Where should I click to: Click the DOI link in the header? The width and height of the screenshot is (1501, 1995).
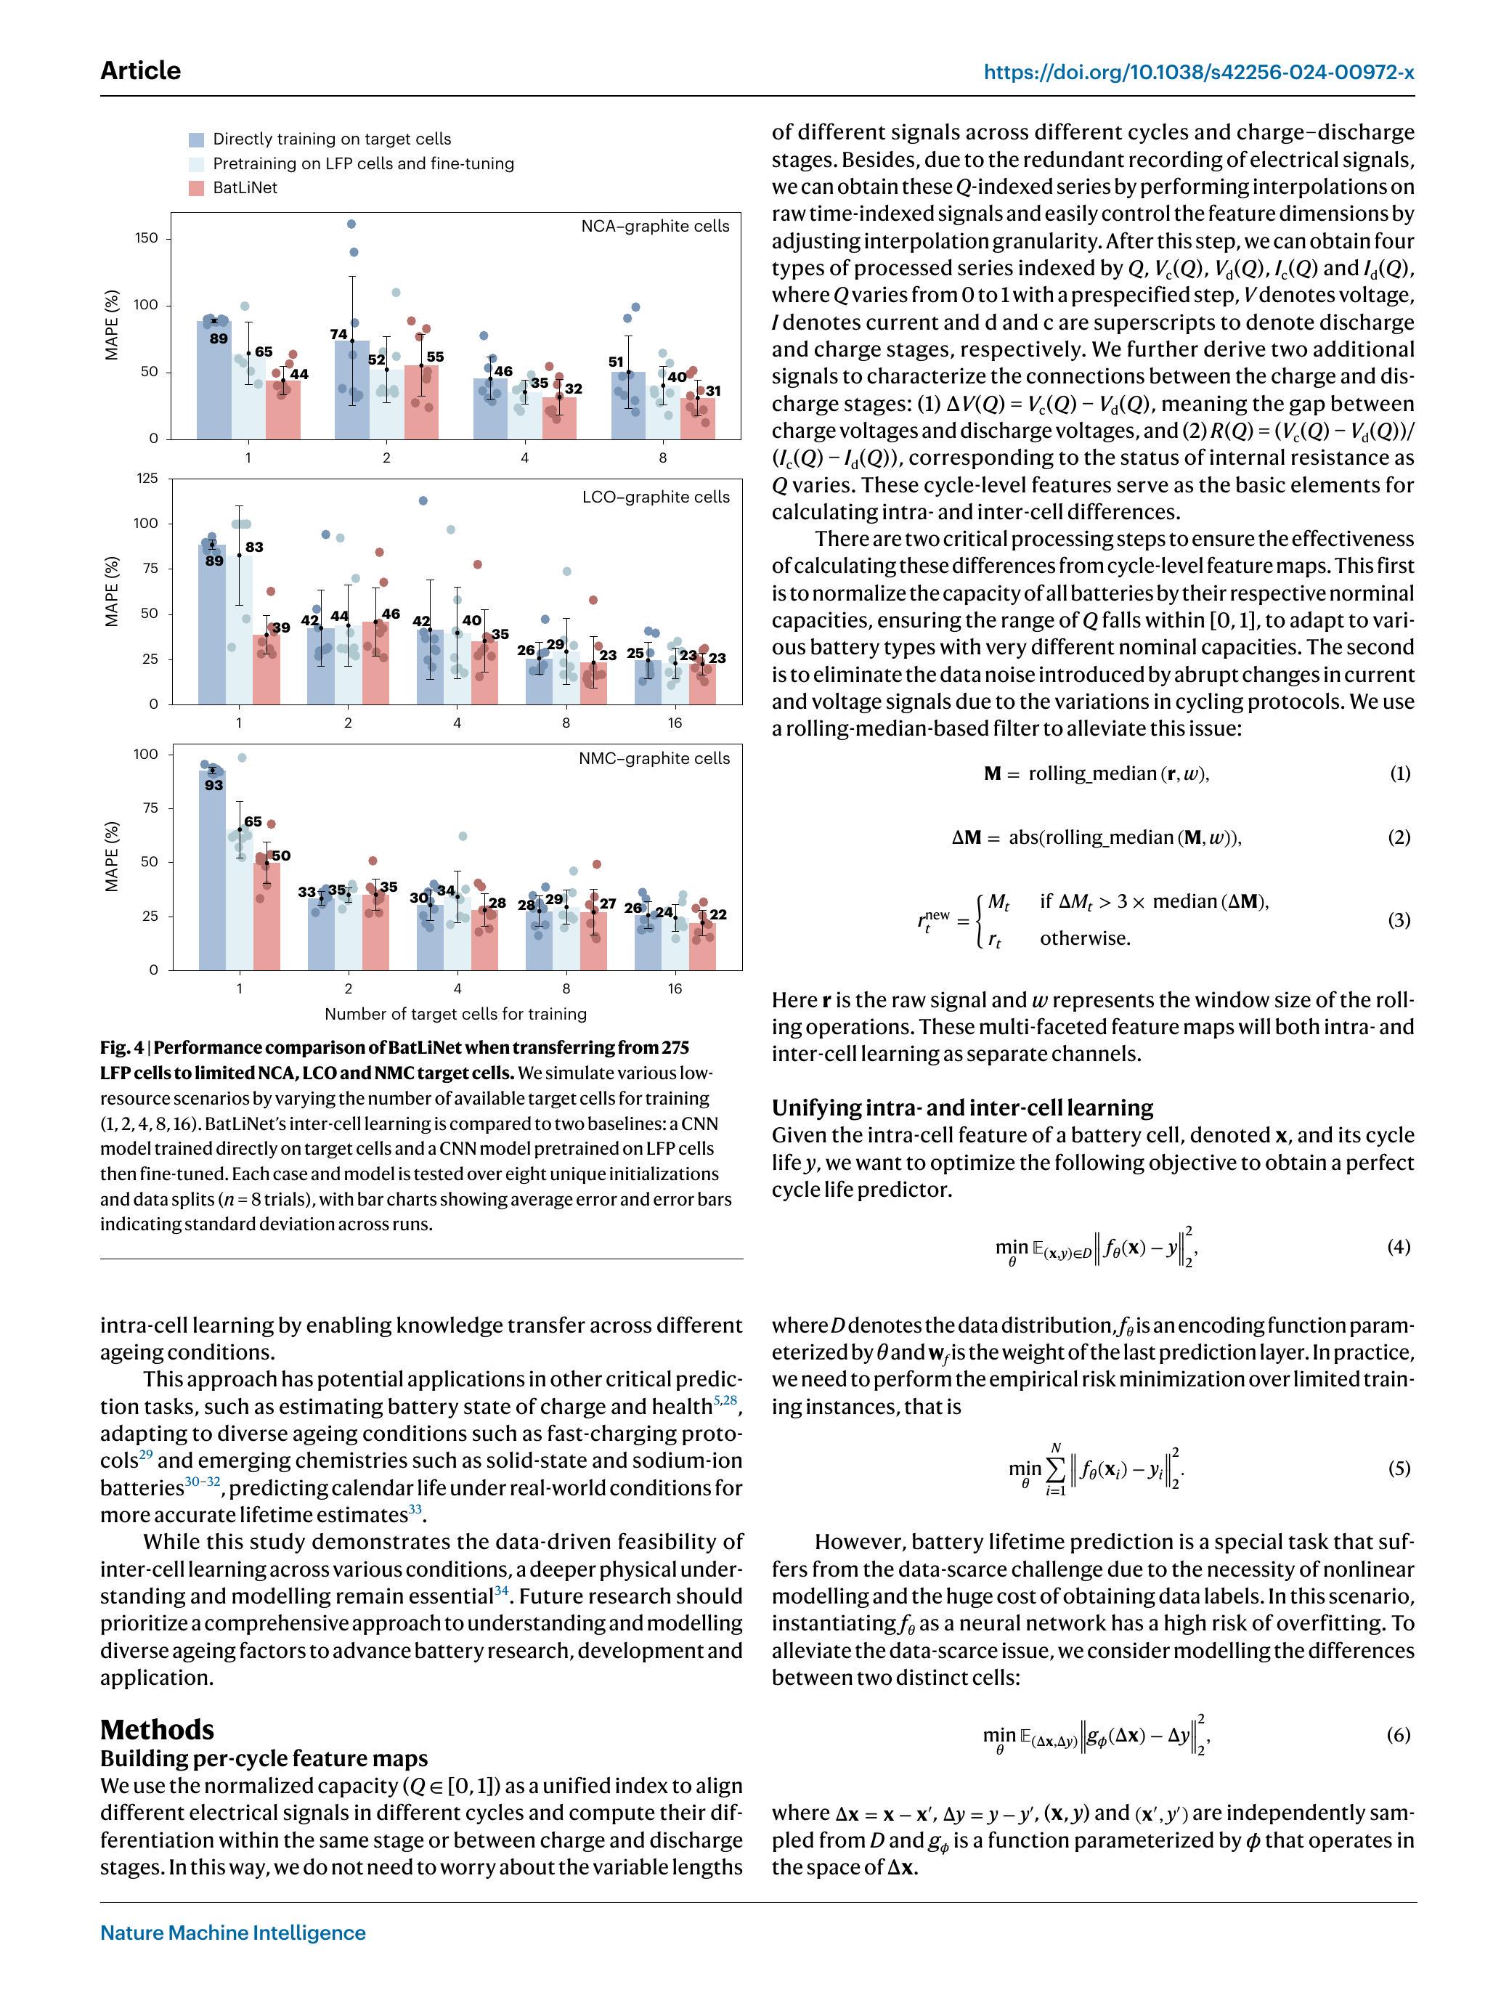[1198, 72]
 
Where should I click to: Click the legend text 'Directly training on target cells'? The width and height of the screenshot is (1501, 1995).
[331, 139]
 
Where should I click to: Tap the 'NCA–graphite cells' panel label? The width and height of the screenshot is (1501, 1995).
[655, 227]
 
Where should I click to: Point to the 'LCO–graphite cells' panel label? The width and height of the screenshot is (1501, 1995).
[656, 497]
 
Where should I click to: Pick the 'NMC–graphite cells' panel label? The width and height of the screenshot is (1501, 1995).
[654, 758]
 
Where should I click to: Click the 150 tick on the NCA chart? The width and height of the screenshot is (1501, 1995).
[146, 238]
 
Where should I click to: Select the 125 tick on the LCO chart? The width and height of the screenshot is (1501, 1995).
[146, 478]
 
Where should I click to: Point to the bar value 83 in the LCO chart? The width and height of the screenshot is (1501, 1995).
[254, 548]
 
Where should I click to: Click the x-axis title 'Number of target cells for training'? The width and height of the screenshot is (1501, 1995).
[455, 1014]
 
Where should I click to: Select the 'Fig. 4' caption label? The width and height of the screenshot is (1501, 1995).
[122, 1048]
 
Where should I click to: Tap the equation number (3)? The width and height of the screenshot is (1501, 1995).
[1398, 920]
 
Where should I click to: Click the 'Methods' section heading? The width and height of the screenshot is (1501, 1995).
[157, 1730]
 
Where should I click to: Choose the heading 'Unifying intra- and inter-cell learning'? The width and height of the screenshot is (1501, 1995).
[961, 1108]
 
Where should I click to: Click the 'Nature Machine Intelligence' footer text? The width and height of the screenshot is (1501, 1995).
[232, 1933]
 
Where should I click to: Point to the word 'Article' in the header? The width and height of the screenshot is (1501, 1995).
[140, 70]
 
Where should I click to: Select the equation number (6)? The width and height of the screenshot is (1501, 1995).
[1398, 1735]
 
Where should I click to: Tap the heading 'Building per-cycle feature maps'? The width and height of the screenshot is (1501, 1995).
[264, 1759]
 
